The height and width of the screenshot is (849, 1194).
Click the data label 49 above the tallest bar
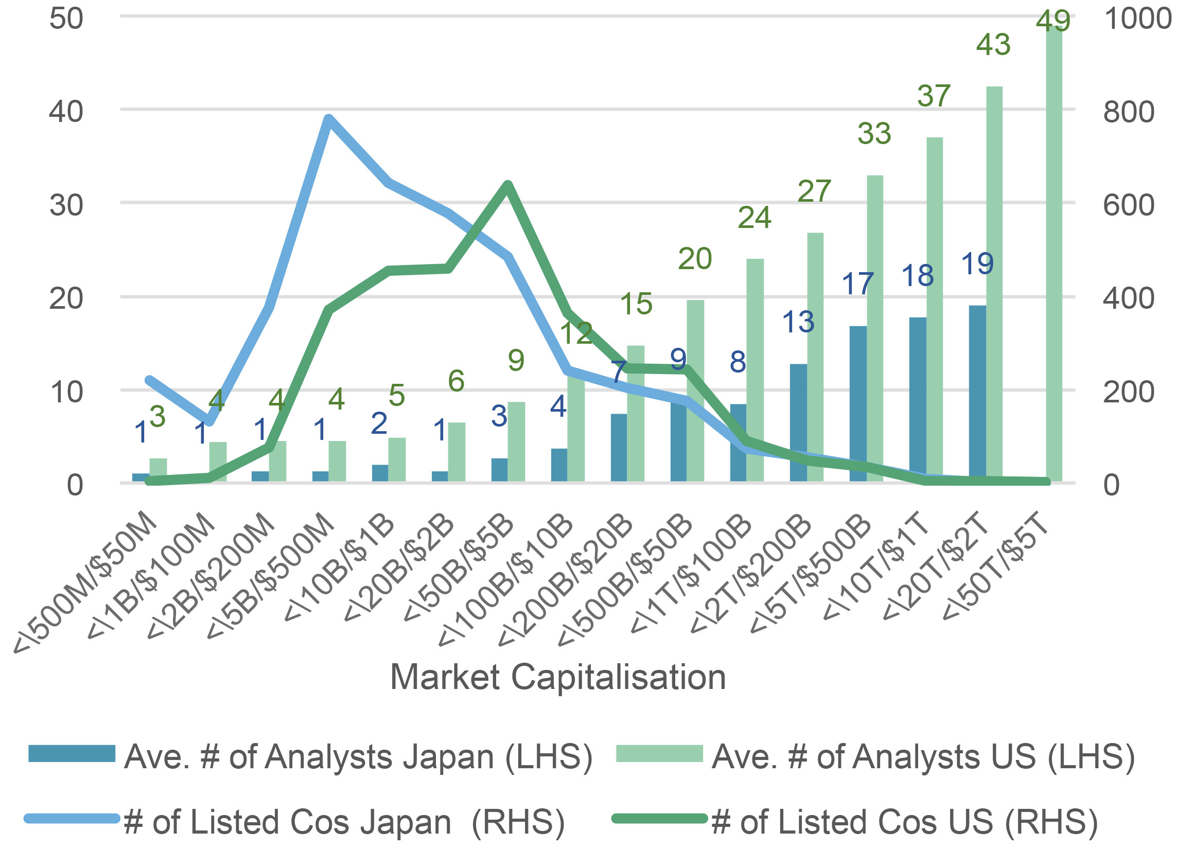[1053, 21]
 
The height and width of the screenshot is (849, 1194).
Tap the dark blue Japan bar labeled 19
[977, 392]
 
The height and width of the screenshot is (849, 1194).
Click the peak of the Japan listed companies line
[328, 119]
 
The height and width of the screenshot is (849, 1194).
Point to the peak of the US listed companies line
[507, 185]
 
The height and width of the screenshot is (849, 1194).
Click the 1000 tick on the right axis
[1137, 19]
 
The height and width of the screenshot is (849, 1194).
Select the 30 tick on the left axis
[66, 205]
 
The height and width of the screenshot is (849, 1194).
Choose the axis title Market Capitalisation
[558, 677]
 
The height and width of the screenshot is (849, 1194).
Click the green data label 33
[874, 133]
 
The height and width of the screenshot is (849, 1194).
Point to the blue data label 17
[857, 284]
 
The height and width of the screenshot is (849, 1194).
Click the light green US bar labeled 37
[934, 308]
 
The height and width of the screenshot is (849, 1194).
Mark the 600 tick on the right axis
[1128, 205]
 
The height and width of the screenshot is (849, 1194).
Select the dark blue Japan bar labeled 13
[798, 422]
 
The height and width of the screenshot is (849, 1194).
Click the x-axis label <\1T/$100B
[693, 575]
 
